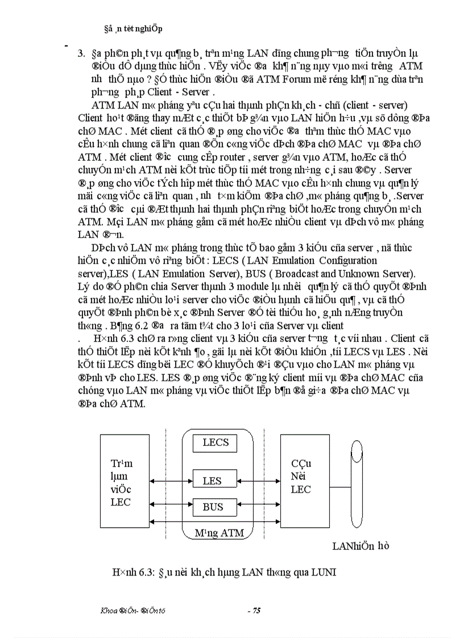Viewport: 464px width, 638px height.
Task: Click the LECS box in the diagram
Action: pyautogui.click(x=216, y=443)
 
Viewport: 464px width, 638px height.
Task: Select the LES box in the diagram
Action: pyautogui.click(x=212, y=481)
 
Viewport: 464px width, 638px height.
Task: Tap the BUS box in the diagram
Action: pyautogui.click(x=213, y=507)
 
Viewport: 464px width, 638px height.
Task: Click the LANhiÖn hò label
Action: pyautogui.click(x=361, y=546)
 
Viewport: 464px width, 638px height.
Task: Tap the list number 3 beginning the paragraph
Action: pyautogui.click(x=80, y=55)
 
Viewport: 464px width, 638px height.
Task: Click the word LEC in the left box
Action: pyautogui.click(x=121, y=502)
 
